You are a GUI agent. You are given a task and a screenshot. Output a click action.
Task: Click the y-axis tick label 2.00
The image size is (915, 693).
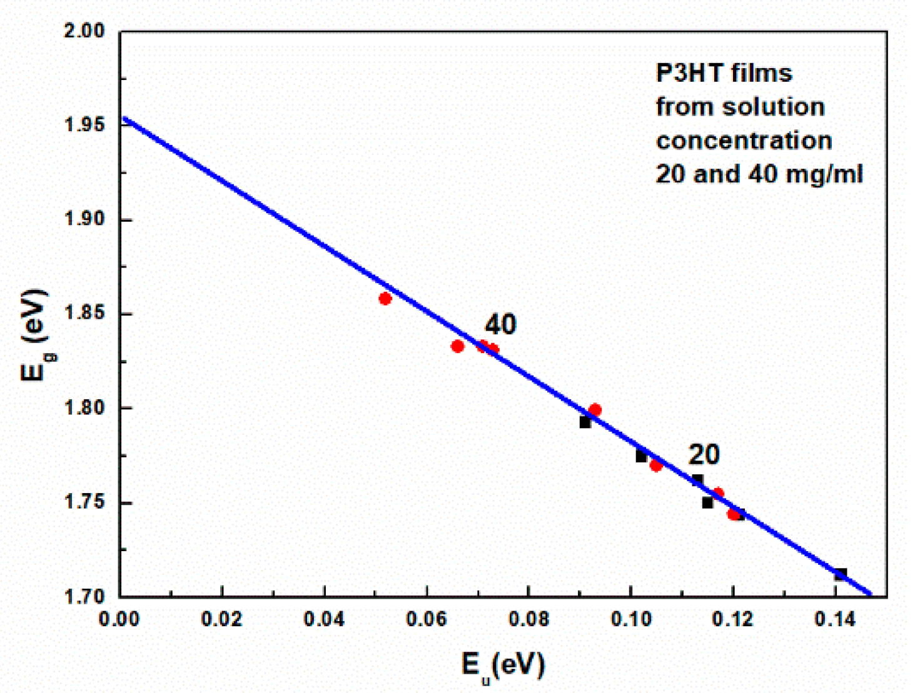(84, 31)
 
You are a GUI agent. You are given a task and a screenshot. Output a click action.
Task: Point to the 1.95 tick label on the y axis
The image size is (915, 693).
(84, 125)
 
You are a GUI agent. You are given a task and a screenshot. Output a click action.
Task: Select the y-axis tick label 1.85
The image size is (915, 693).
(84, 314)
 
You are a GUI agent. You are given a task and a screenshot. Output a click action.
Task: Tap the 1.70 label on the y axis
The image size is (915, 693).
(84, 596)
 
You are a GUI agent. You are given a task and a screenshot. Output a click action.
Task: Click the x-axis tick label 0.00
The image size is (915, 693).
(119, 619)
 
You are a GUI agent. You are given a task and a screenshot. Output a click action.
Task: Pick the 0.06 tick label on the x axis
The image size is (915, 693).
(426, 619)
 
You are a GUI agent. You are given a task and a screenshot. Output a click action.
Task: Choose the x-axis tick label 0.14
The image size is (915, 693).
(835, 619)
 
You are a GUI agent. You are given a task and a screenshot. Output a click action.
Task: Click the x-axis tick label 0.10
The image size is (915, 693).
(630, 619)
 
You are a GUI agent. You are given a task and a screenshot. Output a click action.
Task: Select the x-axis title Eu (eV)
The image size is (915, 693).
(502, 666)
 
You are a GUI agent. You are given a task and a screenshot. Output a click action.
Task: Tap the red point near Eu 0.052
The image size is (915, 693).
(385, 299)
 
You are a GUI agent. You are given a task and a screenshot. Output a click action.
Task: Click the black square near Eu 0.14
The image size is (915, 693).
(841, 574)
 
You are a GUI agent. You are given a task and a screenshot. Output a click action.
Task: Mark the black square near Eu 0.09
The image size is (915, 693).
(585, 422)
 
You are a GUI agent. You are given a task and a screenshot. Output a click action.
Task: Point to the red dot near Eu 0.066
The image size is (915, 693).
(457, 346)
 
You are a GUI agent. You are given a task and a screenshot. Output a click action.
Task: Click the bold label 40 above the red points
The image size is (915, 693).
(500, 325)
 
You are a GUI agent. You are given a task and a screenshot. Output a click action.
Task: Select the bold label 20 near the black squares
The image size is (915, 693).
(704, 454)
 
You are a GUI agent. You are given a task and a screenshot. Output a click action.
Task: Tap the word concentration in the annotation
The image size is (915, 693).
(744, 141)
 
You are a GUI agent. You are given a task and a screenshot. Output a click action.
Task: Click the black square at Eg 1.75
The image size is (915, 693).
(707, 503)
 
